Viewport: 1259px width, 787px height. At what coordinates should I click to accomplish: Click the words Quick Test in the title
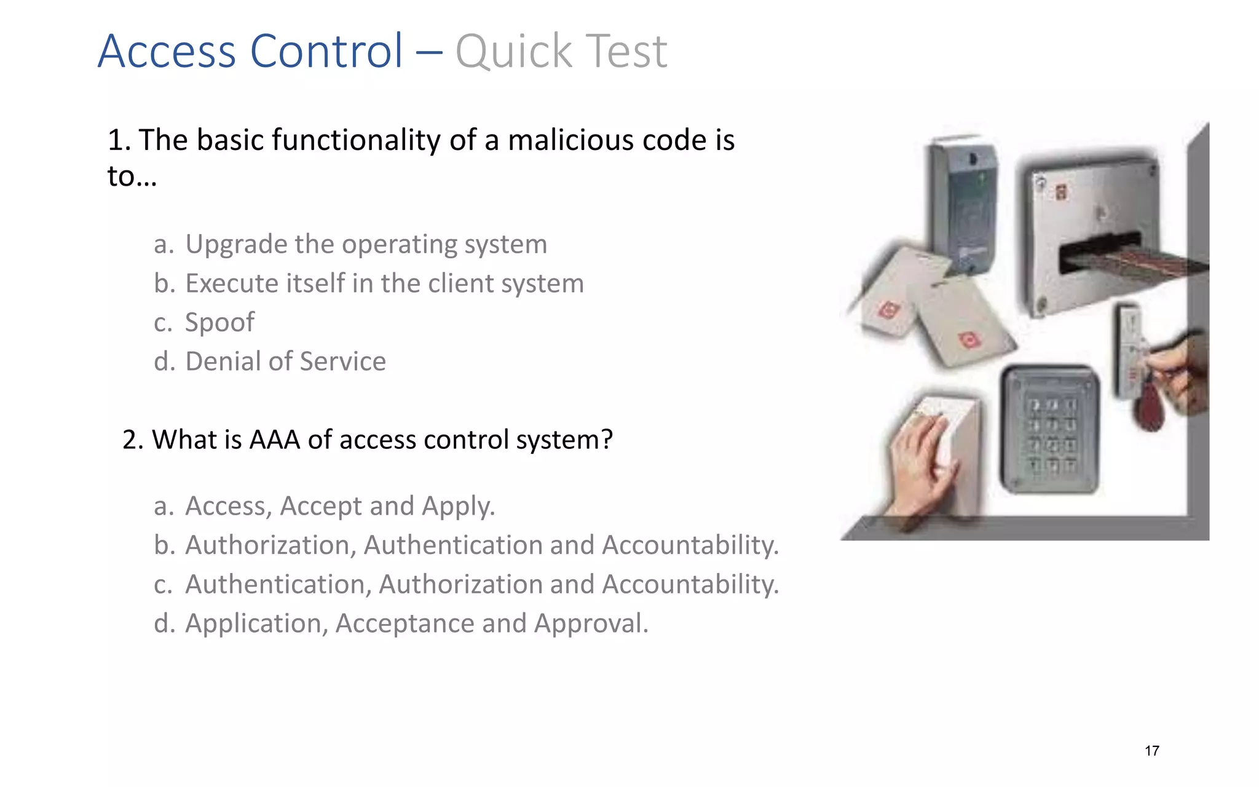pos(561,51)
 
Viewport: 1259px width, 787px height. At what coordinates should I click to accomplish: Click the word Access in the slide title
pos(167,51)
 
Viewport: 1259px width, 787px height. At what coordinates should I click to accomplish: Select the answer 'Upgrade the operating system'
pos(366,244)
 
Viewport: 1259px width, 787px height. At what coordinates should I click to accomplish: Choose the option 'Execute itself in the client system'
pos(384,283)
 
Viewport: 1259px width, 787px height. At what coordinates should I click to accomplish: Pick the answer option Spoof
pos(219,322)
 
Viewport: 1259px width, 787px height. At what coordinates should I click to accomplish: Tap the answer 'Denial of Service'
pos(285,362)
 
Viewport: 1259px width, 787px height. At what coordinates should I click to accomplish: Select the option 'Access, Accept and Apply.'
pos(339,506)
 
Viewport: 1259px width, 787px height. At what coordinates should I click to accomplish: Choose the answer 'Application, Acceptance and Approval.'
pos(416,623)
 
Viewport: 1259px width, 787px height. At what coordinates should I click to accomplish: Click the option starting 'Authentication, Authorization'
pos(481,584)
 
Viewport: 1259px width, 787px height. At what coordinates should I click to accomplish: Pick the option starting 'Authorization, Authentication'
pos(481,545)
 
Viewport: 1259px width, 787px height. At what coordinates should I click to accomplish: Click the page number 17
pos(1152,751)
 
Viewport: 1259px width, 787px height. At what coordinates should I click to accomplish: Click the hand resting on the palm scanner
pos(922,461)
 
